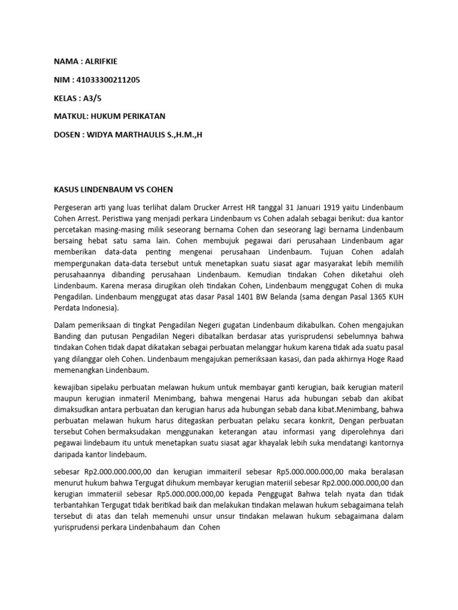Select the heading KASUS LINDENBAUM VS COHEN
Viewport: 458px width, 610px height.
tap(110, 189)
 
